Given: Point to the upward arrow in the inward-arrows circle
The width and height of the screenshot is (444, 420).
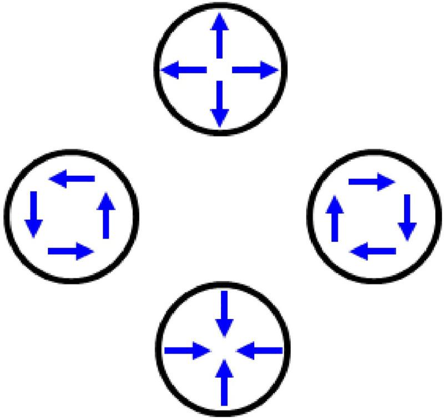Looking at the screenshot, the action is [224, 382].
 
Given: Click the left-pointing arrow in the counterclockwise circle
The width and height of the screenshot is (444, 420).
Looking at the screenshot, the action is [72, 179].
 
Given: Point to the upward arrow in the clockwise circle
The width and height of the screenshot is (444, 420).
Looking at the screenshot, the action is [335, 220].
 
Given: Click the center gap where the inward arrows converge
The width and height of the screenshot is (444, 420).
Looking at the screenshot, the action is [224, 350].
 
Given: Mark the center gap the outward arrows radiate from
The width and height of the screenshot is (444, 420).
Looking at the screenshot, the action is [220, 70].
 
